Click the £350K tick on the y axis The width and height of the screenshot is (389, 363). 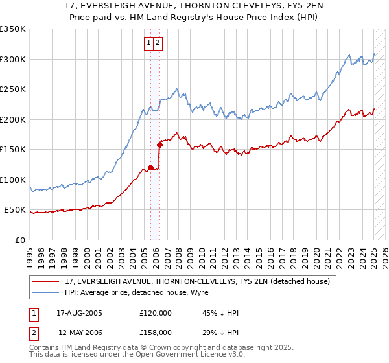coord(13,29)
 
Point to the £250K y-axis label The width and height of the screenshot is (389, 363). coord(13,89)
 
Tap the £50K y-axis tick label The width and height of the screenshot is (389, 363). coord(16,210)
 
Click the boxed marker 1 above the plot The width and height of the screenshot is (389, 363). coord(149,43)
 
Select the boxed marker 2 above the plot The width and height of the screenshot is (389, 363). coord(158,43)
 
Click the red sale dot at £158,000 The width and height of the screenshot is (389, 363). coord(159,145)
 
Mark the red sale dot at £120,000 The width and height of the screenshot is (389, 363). coord(150,167)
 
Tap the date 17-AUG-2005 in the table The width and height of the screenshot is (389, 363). coord(79,313)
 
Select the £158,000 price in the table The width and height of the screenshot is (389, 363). coord(156,332)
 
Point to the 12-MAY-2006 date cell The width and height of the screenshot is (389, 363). coord(79,332)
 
